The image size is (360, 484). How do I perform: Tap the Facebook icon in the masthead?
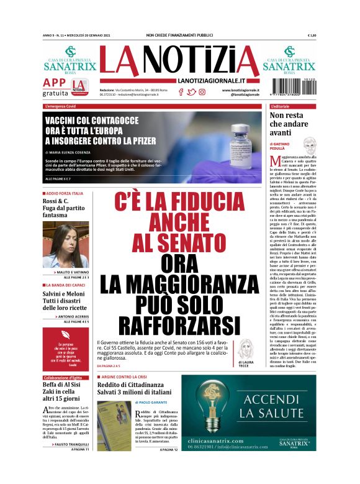point(181,92)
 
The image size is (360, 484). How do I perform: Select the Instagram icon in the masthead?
point(202,92)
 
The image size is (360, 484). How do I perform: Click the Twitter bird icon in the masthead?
point(191,92)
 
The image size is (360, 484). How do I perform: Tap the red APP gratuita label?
point(55,86)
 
